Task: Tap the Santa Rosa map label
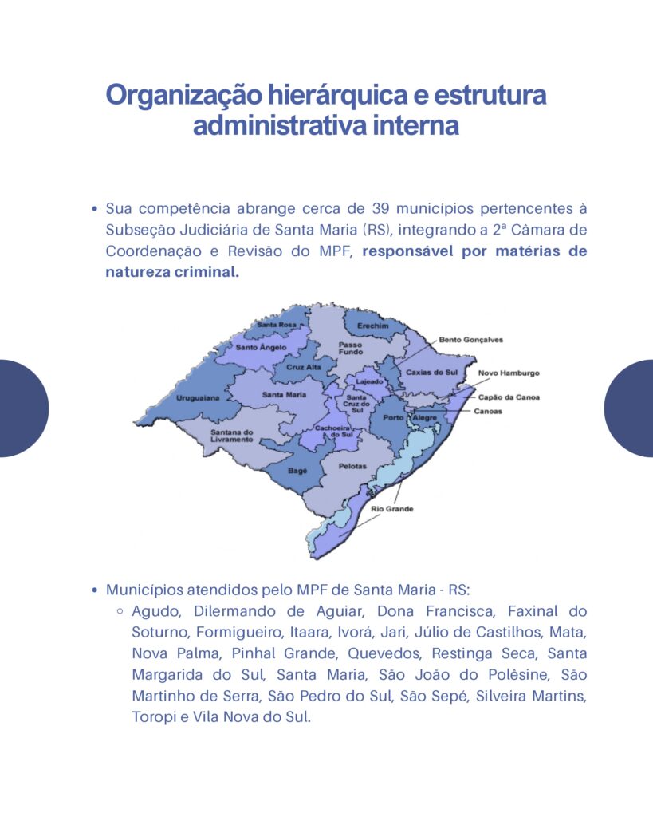tap(277, 325)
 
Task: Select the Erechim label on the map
tap(374, 326)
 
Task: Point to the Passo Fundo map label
tap(351, 348)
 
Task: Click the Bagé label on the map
tap(297, 471)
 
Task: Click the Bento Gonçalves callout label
tap(471, 340)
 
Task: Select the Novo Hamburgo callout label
tap(509, 373)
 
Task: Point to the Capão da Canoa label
tap(509, 397)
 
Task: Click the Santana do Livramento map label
tap(232, 436)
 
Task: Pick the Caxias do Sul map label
tap(431, 372)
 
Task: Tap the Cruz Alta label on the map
tap(304, 366)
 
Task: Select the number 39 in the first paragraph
tap(381, 209)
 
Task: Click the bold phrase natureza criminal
tap(172, 272)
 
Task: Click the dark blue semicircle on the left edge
tap(23, 408)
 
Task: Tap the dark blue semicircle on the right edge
tap(630, 408)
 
